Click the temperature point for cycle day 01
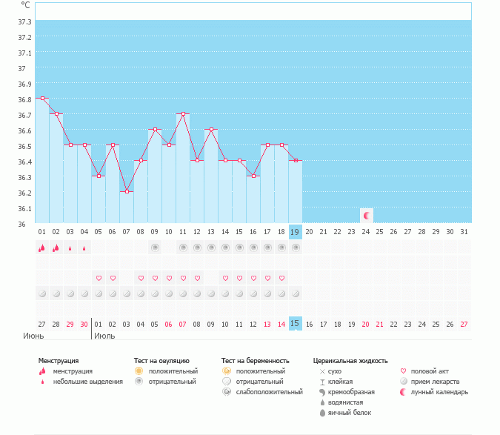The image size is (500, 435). tap(42, 98)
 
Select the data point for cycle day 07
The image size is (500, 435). tap(127, 191)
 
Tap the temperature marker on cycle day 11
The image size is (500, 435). tap(183, 114)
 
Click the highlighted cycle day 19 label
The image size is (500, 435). tap(296, 232)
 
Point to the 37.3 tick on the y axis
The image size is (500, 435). tap(24, 37)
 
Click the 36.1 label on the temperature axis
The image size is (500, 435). tap(24, 208)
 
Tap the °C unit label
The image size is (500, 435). tap(25, 5)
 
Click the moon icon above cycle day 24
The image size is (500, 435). tap(366, 215)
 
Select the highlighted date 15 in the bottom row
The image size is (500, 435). tap(296, 324)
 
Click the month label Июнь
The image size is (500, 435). tap(33, 336)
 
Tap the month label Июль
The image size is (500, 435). tap(104, 336)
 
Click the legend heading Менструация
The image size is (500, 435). tap(58, 361)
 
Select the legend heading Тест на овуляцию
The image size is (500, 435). tap(161, 361)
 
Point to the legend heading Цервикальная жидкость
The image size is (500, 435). tap(350, 361)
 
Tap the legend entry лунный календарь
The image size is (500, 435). tap(439, 392)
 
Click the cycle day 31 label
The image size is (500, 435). tap(464, 232)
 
